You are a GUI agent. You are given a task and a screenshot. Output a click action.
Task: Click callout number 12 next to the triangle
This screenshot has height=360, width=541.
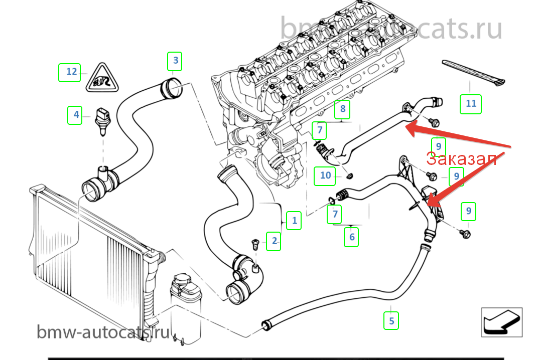pos(72,72)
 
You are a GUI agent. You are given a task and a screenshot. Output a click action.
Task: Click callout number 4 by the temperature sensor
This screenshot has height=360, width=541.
pos(76,115)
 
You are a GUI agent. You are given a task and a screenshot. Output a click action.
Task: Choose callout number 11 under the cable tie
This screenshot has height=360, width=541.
pos(471,104)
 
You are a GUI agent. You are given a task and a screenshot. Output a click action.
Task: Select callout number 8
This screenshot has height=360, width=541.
pos(343,108)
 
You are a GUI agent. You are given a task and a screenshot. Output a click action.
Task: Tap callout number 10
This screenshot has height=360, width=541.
pos(326,175)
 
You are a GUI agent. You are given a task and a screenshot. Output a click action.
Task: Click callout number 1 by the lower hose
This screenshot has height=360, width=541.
pos(295,220)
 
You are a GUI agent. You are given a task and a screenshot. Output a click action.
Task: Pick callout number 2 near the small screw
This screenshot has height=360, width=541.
pos(274,241)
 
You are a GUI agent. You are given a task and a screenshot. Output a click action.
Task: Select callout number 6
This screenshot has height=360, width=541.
pos(352,237)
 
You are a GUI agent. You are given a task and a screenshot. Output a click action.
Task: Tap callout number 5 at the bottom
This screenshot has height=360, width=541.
pos(391,320)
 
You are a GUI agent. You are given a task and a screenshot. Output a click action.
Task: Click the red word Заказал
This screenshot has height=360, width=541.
pos(462,159)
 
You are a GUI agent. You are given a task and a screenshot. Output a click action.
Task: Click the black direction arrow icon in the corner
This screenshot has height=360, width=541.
pos(501,322)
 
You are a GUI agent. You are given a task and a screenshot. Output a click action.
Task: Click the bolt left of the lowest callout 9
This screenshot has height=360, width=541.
pos(465,234)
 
